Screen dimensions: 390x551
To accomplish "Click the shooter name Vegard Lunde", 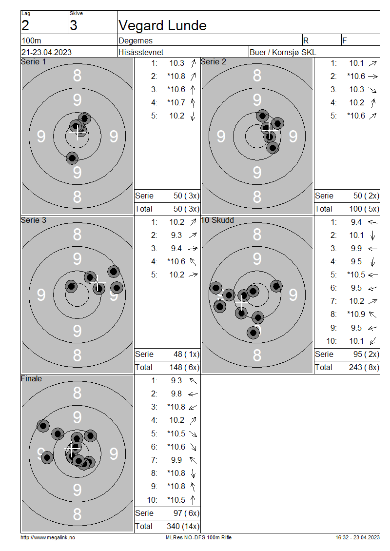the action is (x=162, y=26).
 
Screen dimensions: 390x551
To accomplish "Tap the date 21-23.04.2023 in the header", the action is (x=46, y=52).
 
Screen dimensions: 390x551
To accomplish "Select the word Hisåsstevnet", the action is (x=141, y=52).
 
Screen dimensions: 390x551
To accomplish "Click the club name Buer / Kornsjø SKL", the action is (x=282, y=52).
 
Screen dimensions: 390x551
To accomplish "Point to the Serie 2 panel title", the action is (x=213, y=62).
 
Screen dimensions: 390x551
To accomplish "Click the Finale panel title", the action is (x=31, y=378).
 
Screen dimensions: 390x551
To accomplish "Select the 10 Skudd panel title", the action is (x=217, y=220).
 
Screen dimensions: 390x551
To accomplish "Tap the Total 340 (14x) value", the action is (x=183, y=526).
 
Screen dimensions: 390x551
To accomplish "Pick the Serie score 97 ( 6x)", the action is (x=186, y=513).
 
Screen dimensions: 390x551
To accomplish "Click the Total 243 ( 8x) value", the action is (x=364, y=367).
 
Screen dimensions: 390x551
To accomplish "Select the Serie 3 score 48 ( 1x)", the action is (x=186, y=354).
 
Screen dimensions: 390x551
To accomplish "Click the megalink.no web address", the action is (x=48, y=538).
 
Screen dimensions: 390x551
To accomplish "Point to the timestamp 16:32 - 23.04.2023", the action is (x=357, y=538).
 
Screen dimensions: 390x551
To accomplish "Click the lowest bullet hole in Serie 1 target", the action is (x=72, y=158).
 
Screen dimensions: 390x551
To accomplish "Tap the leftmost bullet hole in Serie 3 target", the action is (x=71, y=286).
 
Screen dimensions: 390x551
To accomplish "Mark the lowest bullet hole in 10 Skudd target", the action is (x=253, y=333).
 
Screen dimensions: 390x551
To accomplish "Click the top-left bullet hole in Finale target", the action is (x=43, y=426).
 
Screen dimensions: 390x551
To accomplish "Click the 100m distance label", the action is (x=31, y=40).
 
